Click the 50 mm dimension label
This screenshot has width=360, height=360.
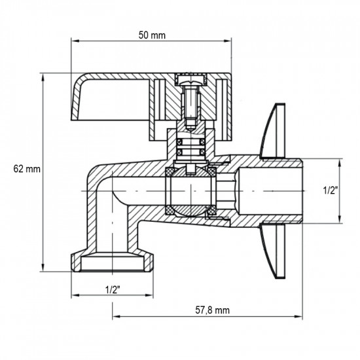point(152,35)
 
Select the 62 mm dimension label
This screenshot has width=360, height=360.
point(27,169)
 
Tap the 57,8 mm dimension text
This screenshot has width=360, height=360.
point(212,310)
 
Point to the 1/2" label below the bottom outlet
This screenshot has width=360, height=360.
point(113,289)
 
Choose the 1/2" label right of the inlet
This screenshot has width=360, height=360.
point(331,190)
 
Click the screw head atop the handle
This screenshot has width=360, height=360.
point(190,81)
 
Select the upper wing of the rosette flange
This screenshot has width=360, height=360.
point(273,131)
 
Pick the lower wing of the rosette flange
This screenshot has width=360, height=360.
point(273,251)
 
